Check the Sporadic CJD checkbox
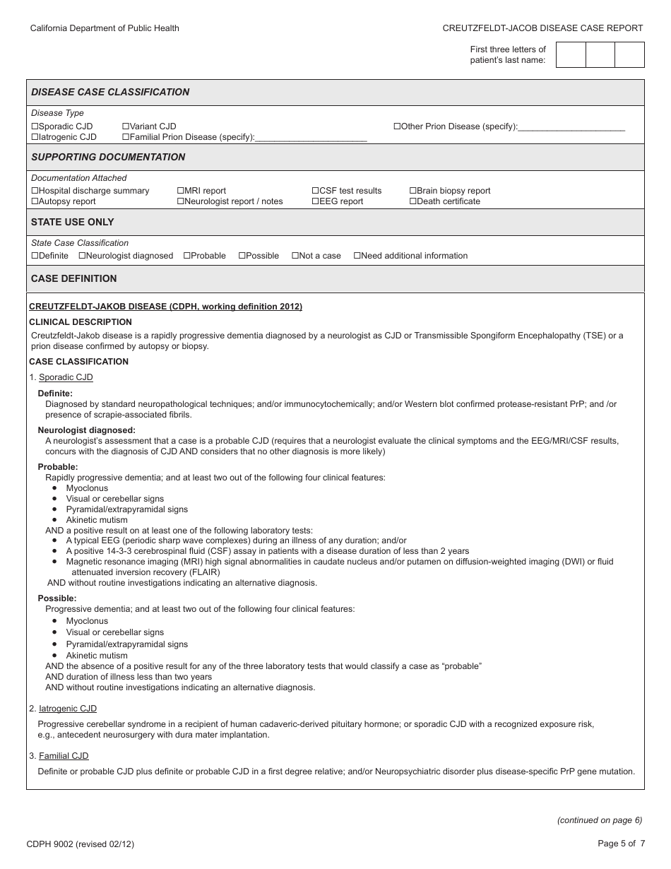point(35,126)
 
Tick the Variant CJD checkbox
point(126,126)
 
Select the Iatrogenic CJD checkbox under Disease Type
point(35,137)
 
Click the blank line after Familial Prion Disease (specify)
point(311,138)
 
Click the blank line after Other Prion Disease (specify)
point(571,128)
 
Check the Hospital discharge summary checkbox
point(35,191)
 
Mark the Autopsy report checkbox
point(35,201)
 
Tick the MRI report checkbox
point(180,191)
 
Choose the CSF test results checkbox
point(315,191)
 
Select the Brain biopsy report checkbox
point(412,191)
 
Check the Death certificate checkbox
point(412,201)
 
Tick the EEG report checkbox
point(315,201)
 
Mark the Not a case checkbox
point(295,256)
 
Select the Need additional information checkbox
point(357,256)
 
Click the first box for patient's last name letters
point(571,54)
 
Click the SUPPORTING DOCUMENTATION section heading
point(108,157)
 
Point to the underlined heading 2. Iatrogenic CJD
point(67,709)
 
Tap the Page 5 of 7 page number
point(620,843)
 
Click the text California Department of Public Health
point(105,28)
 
